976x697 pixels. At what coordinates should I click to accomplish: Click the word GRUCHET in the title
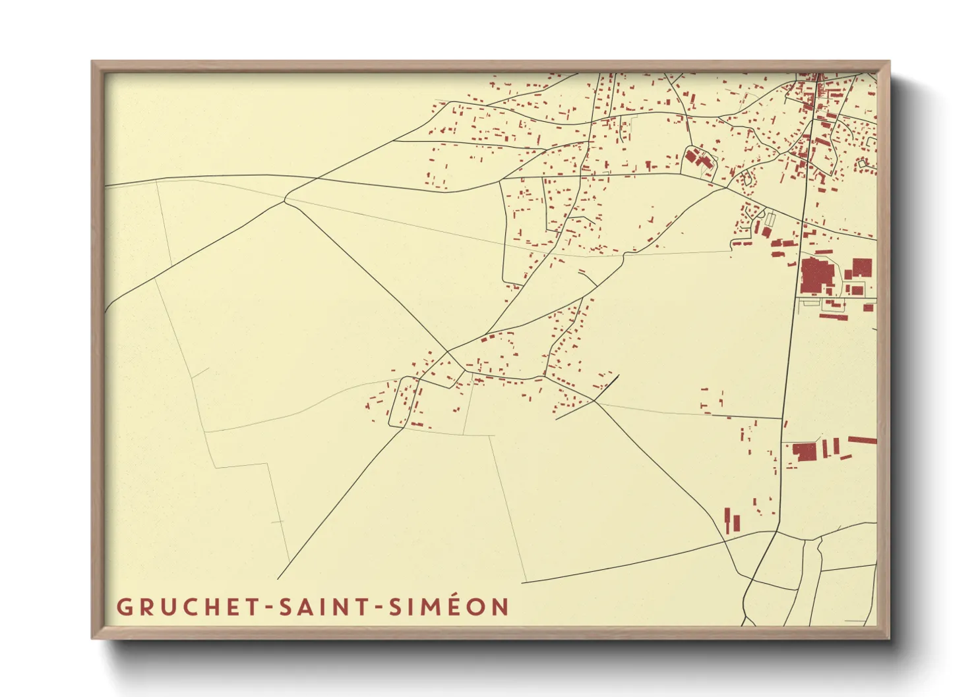click(x=189, y=607)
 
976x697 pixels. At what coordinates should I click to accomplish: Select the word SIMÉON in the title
click(x=449, y=607)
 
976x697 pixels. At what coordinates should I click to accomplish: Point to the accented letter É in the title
click(x=451, y=606)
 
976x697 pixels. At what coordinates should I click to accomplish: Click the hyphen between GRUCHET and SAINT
click(x=268, y=607)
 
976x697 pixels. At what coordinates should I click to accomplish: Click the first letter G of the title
click(x=124, y=607)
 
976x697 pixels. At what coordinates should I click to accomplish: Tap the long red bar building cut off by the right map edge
click(x=862, y=440)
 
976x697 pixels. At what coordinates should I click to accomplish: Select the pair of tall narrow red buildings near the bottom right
click(x=732, y=521)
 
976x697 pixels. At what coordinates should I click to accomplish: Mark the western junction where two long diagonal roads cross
click(x=286, y=198)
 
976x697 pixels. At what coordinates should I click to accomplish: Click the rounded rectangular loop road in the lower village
click(x=403, y=402)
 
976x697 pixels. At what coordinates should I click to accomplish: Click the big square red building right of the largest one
click(x=862, y=267)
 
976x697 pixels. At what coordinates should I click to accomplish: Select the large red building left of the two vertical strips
click(x=805, y=452)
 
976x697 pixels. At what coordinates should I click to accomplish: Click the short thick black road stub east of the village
click(x=606, y=387)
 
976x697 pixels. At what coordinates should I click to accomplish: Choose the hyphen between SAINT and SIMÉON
click(x=379, y=607)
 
